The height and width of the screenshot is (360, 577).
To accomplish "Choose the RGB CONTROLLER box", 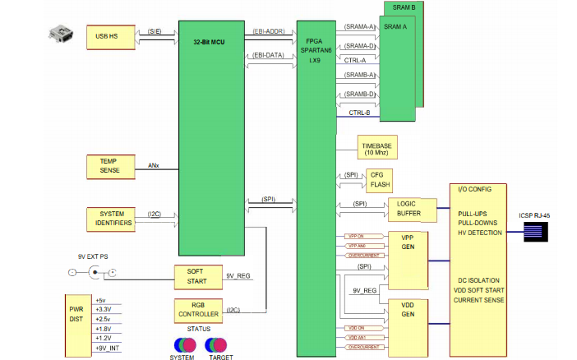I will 198,310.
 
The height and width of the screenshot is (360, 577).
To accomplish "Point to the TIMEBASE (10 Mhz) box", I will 377,149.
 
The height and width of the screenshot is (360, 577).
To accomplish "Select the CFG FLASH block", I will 380,180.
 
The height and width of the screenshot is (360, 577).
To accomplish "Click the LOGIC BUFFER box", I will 409,209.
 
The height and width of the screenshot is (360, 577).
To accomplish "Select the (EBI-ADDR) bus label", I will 268,32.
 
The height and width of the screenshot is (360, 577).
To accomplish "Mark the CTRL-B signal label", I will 360,113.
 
